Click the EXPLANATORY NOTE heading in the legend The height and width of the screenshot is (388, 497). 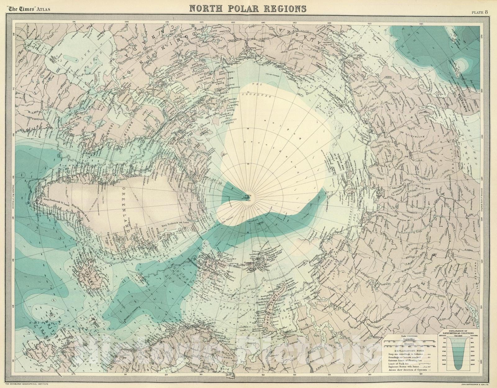pyautogui.click(x=409, y=351)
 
